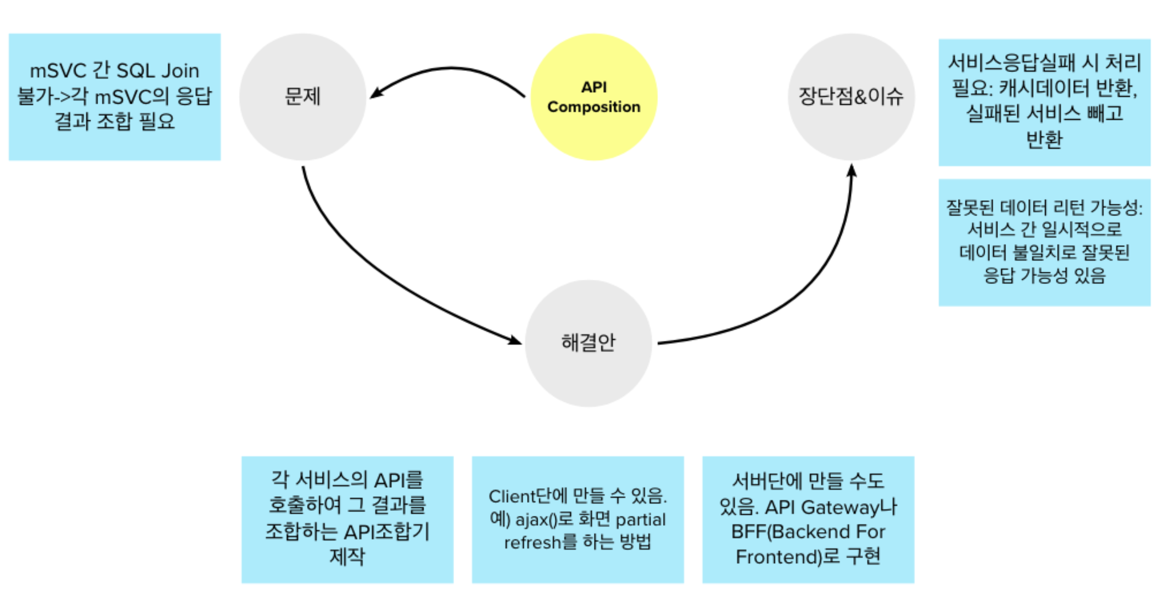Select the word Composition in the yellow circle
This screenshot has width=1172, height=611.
pyautogui.click(x=594, y=107)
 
